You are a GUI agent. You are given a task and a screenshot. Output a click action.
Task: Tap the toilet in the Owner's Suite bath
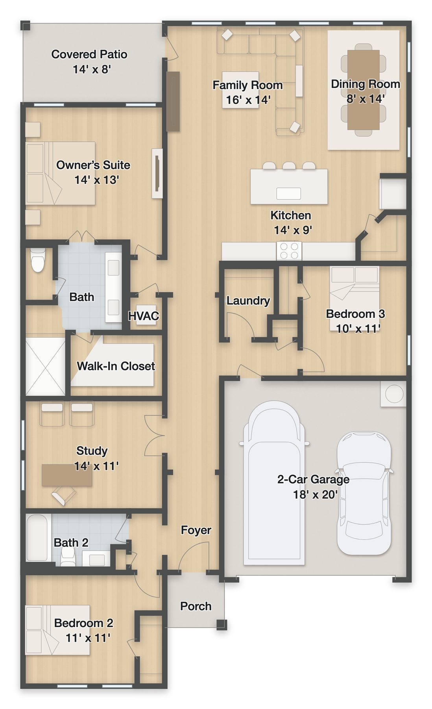(x=38, y=260)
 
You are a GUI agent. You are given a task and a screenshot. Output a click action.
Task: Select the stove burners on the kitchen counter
(x=289, y=251)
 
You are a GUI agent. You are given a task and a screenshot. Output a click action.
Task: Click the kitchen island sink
(x=288, y=193)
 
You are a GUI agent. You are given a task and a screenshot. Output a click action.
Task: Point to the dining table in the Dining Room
(x=363, y=90)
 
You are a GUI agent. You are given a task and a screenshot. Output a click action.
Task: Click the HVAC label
(x=144, y=316)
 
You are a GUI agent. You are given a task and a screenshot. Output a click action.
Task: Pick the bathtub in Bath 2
(x=37, y=537)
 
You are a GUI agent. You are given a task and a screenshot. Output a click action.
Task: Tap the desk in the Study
(x=67, y=475)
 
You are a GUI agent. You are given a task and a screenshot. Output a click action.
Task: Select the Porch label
(x=196, y=606)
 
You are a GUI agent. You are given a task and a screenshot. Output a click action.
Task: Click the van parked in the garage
(x=274, y=483)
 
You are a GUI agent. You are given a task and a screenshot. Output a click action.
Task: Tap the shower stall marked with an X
(x=45, y=366)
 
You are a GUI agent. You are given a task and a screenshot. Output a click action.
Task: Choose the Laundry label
(x=248, y=301)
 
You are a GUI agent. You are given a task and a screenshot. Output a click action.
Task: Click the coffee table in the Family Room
(x=240, y=90)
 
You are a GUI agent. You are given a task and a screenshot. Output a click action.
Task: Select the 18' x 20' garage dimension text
(x=316, y=495)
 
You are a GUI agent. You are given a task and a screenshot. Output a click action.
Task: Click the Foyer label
(x=196, y=530)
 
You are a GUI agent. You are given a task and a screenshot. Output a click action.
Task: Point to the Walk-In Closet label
(x=116, y=366)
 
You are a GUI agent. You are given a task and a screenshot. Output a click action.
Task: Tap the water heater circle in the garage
(x=394, y=394)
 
